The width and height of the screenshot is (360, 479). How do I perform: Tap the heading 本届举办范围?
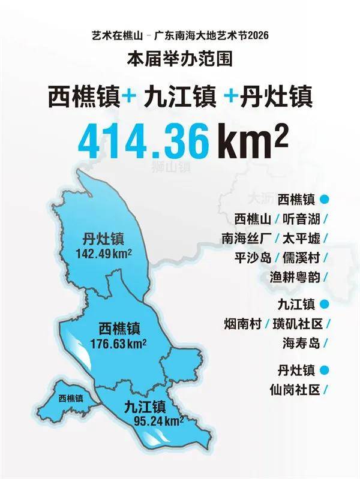(x=180, y=60)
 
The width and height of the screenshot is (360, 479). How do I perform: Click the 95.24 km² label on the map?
(x=154, y=420)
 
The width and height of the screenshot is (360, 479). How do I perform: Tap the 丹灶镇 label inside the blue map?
(x=104, y=239)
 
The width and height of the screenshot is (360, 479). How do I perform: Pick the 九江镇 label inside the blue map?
(x=144, y=406)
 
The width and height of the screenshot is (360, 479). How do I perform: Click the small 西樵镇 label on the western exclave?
(x=71, y=397)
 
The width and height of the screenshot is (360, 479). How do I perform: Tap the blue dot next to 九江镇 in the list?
(x=325, y=304)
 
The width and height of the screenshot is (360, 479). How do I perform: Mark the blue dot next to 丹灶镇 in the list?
(x=325, y=369)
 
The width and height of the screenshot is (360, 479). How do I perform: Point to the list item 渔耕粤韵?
(x=295, y=276)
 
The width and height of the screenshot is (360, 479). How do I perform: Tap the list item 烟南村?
(x=241, y=324)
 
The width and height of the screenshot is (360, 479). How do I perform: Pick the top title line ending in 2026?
(x=180, y=36)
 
